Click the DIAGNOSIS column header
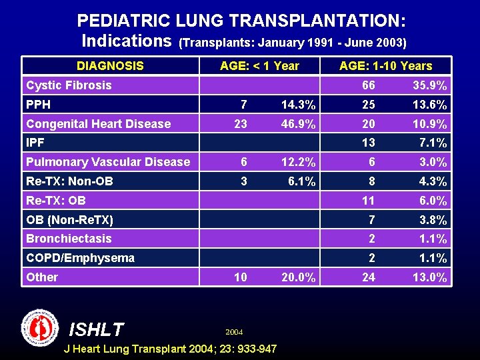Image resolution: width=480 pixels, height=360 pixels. (110, 66)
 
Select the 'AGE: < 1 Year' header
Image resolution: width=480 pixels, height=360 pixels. (259, 66)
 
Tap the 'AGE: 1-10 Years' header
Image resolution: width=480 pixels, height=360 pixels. (385, 66)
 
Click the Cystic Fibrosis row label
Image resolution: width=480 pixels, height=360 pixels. (69, 85)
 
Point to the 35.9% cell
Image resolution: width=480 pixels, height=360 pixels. (430, 85)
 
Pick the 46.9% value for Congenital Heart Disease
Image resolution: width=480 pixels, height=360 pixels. (298, 124)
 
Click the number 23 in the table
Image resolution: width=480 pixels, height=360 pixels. (240, 124)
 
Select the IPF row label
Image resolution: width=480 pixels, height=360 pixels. (35, 143)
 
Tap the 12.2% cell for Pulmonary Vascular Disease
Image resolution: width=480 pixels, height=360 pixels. (298, 162)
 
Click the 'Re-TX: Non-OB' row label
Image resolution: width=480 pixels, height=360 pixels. (69, 181)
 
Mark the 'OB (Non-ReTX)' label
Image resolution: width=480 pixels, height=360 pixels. (69, 220)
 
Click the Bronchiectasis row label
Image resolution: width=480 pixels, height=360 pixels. (69, 239)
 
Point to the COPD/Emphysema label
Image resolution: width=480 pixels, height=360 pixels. (80, 258)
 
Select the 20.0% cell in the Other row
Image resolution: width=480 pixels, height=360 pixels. (298, 277)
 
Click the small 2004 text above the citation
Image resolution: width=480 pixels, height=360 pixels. (234, 332)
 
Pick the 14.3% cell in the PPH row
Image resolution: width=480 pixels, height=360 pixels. (298, 105)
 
